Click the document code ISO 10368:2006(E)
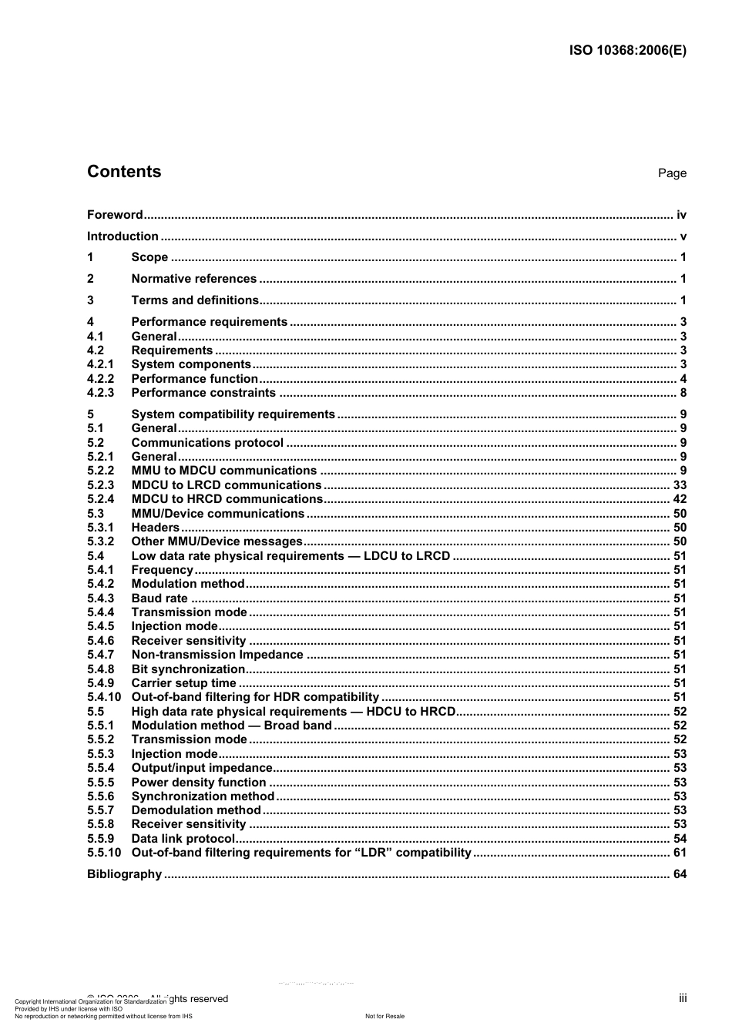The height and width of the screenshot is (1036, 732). pyautogui.click(x=627, y=51)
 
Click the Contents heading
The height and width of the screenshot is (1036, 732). pyautogui.click(x=124, y=172)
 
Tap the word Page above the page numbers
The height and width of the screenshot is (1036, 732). pyautogui.click(x=672, y=173)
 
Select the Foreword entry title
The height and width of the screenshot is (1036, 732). pyautogui.click(x=115, y=215)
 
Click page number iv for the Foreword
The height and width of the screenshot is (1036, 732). pyautogui.click(x=681, y=215)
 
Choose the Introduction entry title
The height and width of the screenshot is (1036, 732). pyautogui.click(x=123, y=236)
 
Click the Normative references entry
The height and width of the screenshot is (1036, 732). pyautogui.click(x=193, y=279)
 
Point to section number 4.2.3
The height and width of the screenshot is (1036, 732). pyautogui.click(x=100, y=393)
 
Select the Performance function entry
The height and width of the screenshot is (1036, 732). pyautogui.click(x=194, y=379)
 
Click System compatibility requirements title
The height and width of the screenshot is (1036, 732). pyautogui.click(x=233, y=414)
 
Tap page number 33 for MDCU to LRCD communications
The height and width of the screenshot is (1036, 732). pyautogui.click(x=680, y=485)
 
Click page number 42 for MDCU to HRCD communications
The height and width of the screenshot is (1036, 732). pyautogui.click(x=680, y=499)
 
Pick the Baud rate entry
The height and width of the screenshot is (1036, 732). pyautogui.click(x=159, y=598)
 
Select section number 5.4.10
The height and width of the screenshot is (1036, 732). pyautogui.click(x=104, y=697)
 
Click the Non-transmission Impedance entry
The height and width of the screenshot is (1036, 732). pyautogui.click(x=217, y=655)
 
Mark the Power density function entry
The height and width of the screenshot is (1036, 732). pyautogui.click(x=199, y=783)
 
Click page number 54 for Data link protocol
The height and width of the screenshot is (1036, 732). pyautogui.click(x=680, y=839)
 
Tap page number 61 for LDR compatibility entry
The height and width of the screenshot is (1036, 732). pyautogui.click(x=680, y=853)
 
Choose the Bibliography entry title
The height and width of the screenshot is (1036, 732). pyautogui.click(x=124, y=874)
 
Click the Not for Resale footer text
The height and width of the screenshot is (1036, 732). pyautogui.click(x=384, y=1016)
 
